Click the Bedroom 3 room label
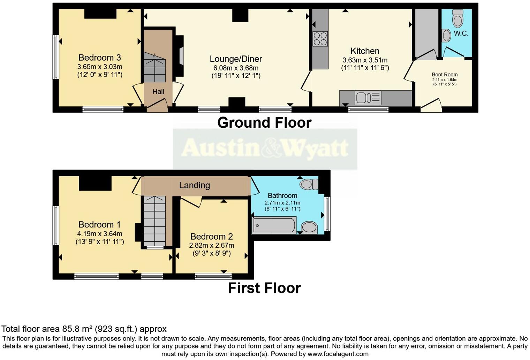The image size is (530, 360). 99,58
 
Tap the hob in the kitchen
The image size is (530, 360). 320,39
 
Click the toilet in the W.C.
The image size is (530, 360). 457,18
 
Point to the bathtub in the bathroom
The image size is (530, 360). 274,225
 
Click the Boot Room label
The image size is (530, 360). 445,74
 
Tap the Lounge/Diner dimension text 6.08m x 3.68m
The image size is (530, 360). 236,68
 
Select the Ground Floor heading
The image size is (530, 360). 264,123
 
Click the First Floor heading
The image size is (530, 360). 264,288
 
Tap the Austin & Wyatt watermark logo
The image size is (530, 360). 265,148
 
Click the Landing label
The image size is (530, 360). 195,185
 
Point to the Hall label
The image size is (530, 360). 158,92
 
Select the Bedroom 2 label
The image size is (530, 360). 212,237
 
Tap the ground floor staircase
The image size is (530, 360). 154,68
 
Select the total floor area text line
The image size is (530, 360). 84,329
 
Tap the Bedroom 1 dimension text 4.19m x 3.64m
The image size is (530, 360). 99,234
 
